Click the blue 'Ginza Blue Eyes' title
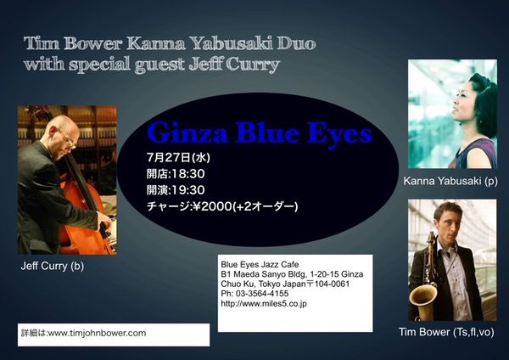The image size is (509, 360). pos(260,133)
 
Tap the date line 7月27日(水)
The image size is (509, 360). pos(178,158)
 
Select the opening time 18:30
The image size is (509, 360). pos(188,174)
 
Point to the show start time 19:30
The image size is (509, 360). pos(188,190)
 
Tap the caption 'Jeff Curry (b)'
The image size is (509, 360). pos(53,266)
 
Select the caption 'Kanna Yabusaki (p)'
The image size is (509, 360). pos(450,181)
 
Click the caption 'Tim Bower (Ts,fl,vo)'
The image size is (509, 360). pos(446,332)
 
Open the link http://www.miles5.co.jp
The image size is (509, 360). pos(264,304)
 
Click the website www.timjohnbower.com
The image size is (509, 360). pos(97,333)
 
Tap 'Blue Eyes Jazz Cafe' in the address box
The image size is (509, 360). pos(260,264)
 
